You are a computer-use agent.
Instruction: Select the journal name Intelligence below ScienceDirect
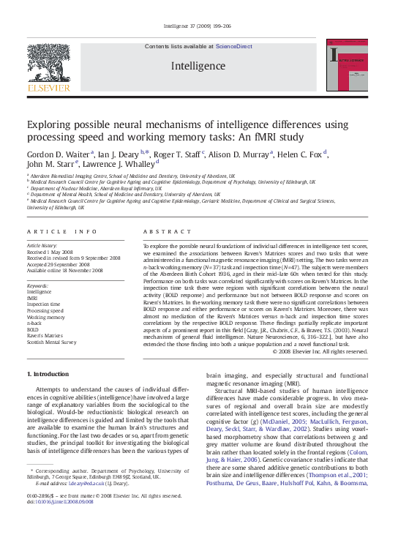tap(198, 66)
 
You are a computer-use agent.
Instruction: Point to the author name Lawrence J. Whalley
tap(125, 165)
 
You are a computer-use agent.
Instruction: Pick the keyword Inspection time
tap(45, 304)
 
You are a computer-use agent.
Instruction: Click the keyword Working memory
tap(45, 317)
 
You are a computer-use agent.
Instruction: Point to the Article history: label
tap(42, 246)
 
